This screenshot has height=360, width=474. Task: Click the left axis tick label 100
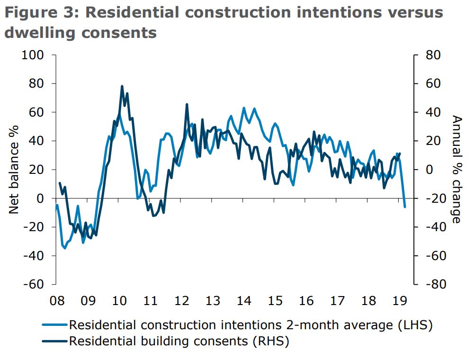pos(33,55)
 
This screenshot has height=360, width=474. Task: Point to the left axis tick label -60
pos(33,284)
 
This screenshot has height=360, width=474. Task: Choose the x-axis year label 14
pos(243,301)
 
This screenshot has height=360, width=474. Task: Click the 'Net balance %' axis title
pos(14,170)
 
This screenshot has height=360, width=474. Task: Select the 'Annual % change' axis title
pos(456,170)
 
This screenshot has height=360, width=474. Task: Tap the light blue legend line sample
pos(54,325)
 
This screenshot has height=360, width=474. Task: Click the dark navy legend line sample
pos(54,341)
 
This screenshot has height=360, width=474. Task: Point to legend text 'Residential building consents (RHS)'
pos(179,341)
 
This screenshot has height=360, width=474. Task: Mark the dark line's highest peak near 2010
pos(122,86)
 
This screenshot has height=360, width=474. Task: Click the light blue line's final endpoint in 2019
pos(405,207)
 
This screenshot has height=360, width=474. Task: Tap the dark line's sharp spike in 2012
pos(187,104)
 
